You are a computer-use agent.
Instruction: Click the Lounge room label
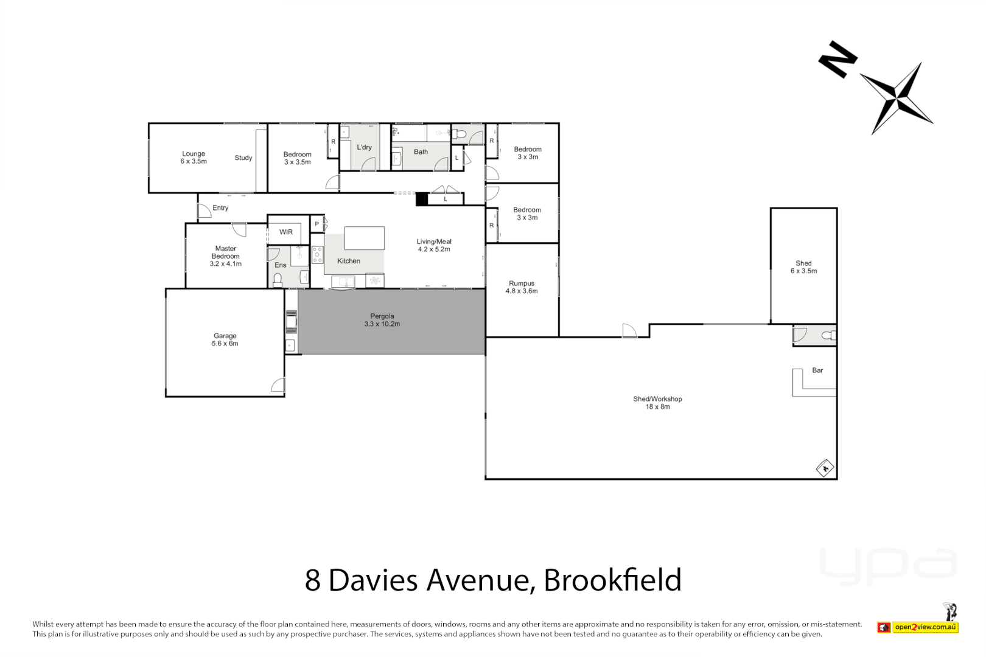point(194,158)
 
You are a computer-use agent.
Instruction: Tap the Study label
point(243,158)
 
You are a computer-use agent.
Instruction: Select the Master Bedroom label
point(225,256)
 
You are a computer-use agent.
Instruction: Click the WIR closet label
point(286,232)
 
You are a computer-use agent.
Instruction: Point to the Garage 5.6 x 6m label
point(225,339)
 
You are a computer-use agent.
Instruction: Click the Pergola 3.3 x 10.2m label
point(382,320)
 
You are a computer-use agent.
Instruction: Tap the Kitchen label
point(349,261)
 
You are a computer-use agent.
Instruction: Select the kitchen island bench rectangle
point(364,238)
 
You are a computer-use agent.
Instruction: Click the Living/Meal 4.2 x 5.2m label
point(433,245)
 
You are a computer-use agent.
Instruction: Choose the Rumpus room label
point(522,287)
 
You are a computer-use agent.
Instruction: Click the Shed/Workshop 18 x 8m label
point(657,403)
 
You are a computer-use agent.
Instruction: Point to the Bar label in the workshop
point(817,370)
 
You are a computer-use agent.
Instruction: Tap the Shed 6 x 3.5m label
point(803,267)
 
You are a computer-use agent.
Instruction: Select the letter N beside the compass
point(838,59)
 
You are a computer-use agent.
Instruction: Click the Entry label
point(220,208)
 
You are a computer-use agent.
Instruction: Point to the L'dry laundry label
point(364,147)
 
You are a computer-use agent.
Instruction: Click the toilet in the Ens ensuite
point(278,279)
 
